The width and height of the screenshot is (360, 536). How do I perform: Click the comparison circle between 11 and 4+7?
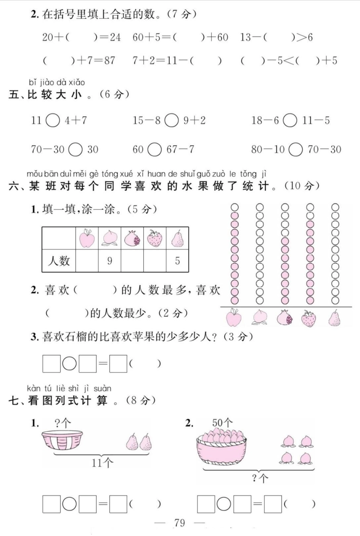click(x=53, y=120)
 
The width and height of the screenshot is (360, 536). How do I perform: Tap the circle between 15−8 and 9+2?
click(x=171, y=120)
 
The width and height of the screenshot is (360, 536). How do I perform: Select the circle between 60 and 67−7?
click(x=154, y=149)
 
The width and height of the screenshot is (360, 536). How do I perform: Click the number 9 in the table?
click(x=110, y=261)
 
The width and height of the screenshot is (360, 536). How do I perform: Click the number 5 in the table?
click(x=177, y=261)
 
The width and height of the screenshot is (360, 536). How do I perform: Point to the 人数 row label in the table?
click(x=59, y=261)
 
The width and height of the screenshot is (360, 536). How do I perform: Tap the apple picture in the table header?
click(x=87, y=238)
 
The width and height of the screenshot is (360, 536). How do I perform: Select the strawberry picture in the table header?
click(x=155, y=238)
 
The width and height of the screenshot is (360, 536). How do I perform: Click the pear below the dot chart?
click(x=335, y=318)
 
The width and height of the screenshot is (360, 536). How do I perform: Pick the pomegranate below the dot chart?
click(x=284, y=318)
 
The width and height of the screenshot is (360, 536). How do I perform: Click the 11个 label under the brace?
click(x=102, y=463)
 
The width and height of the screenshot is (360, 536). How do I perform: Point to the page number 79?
click(x=180, y=523)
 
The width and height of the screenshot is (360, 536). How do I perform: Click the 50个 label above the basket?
click(x=222, y=422)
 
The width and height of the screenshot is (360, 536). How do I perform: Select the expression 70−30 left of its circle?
click(x=48, y=149)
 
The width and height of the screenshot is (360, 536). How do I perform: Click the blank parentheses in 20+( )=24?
click(x=81, y=37)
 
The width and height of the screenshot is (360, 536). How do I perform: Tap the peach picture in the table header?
click(x=110, y=238)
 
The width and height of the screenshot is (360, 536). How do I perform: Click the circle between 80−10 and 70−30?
click(x=296, y=149)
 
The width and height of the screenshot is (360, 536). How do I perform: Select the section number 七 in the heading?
click(x=14, y=400)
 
